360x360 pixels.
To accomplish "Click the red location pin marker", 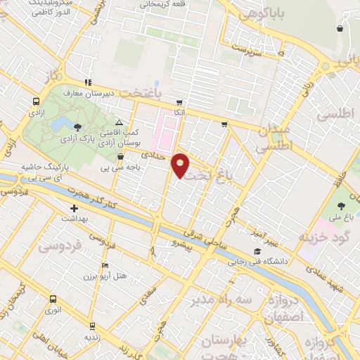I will [x=181, y=165].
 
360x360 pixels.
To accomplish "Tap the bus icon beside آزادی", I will [x=36, y=101].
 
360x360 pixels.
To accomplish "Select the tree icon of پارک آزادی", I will [x=77, y=126].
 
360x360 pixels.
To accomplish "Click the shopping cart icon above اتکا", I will [x=180, y=102].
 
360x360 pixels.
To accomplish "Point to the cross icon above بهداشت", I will [x=74, y=208].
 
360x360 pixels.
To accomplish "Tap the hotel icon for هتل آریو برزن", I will [x=105, y=266].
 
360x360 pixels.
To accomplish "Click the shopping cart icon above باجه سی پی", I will [x=120, y=157].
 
